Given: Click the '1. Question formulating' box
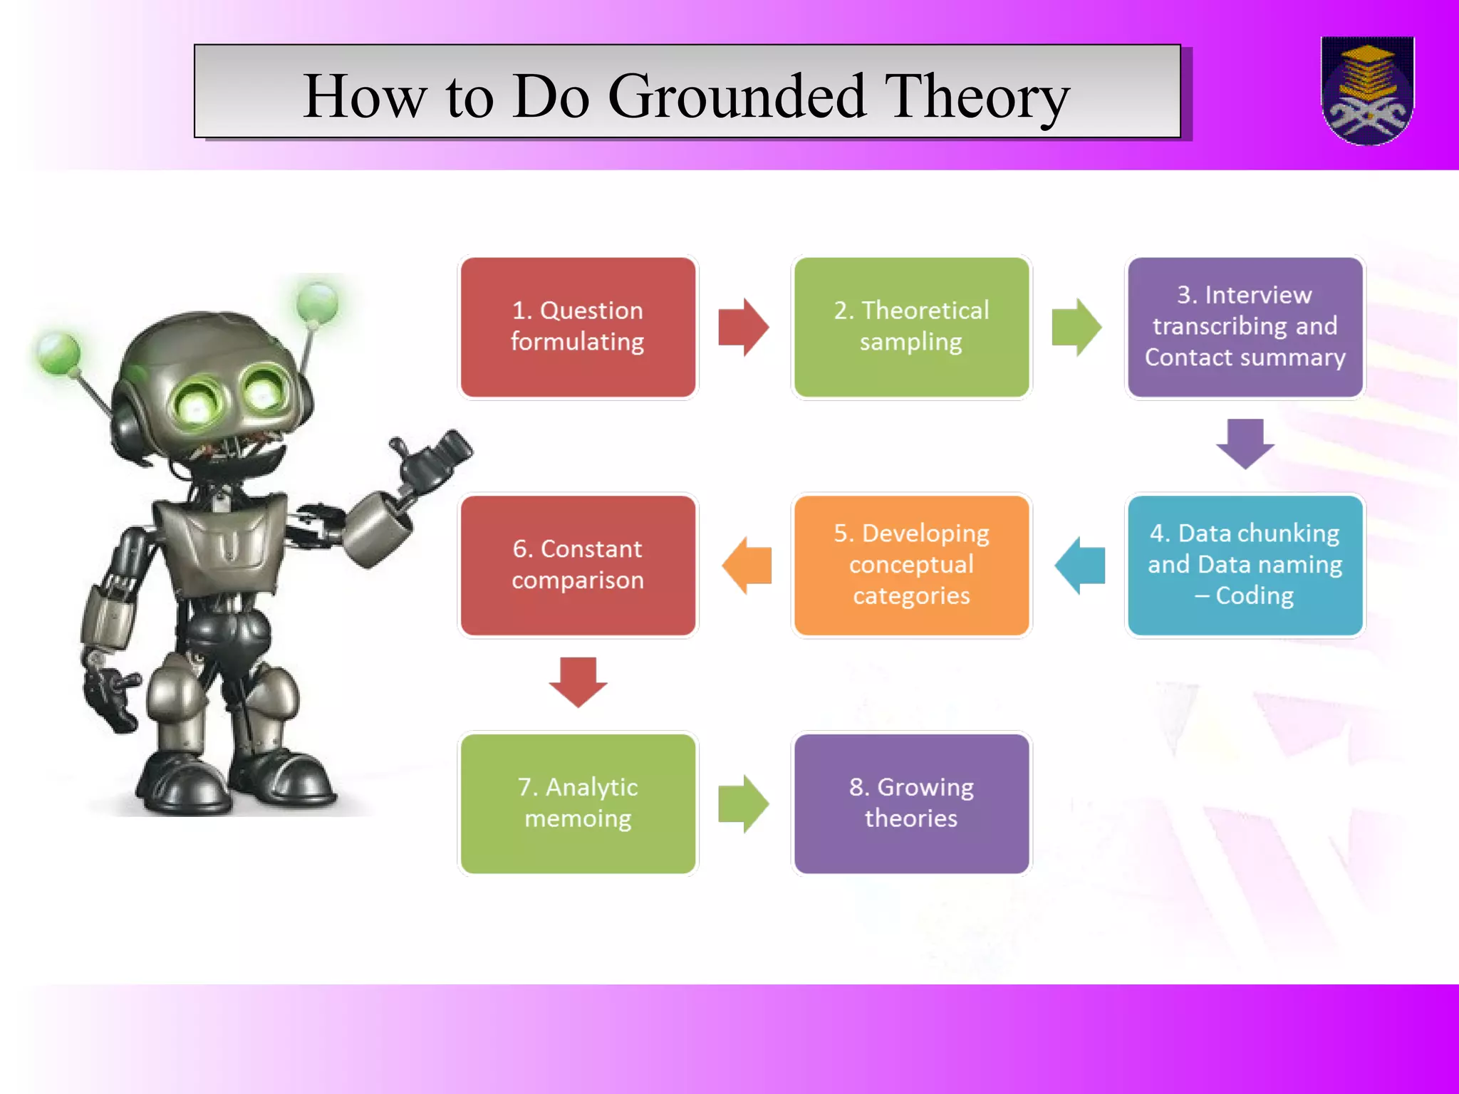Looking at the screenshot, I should pos(578,327).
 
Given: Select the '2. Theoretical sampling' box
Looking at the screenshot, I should pos(911,327).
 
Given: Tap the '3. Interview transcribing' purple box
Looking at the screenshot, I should pos(1245,327).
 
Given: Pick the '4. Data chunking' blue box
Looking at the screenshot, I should pos(1245,565).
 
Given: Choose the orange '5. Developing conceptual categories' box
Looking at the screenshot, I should pos(911,565).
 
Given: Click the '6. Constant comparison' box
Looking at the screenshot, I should pos(578,565).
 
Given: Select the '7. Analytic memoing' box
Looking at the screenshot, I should pos(578,803).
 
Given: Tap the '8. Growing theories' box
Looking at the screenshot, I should pos(911,803).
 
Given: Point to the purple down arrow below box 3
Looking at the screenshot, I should pos(1245,443).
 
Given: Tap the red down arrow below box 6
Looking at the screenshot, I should pos(578,681).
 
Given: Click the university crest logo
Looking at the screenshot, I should pos(1367,90).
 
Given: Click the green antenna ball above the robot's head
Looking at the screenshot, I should pos(318,302).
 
